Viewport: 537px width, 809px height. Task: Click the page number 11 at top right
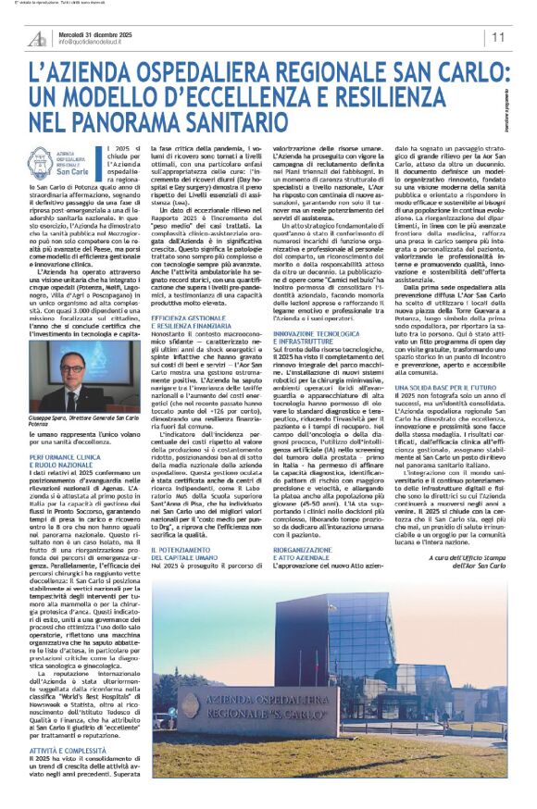click(x=498, y=37)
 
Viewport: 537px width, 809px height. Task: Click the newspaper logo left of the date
click(x=38, y=37)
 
